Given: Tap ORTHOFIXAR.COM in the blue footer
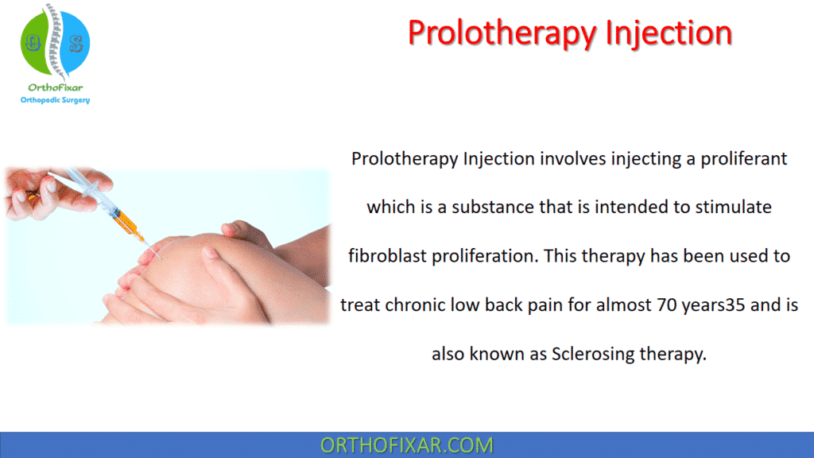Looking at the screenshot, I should tap(406, 445).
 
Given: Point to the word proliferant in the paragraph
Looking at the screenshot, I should tap(745, 158).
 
